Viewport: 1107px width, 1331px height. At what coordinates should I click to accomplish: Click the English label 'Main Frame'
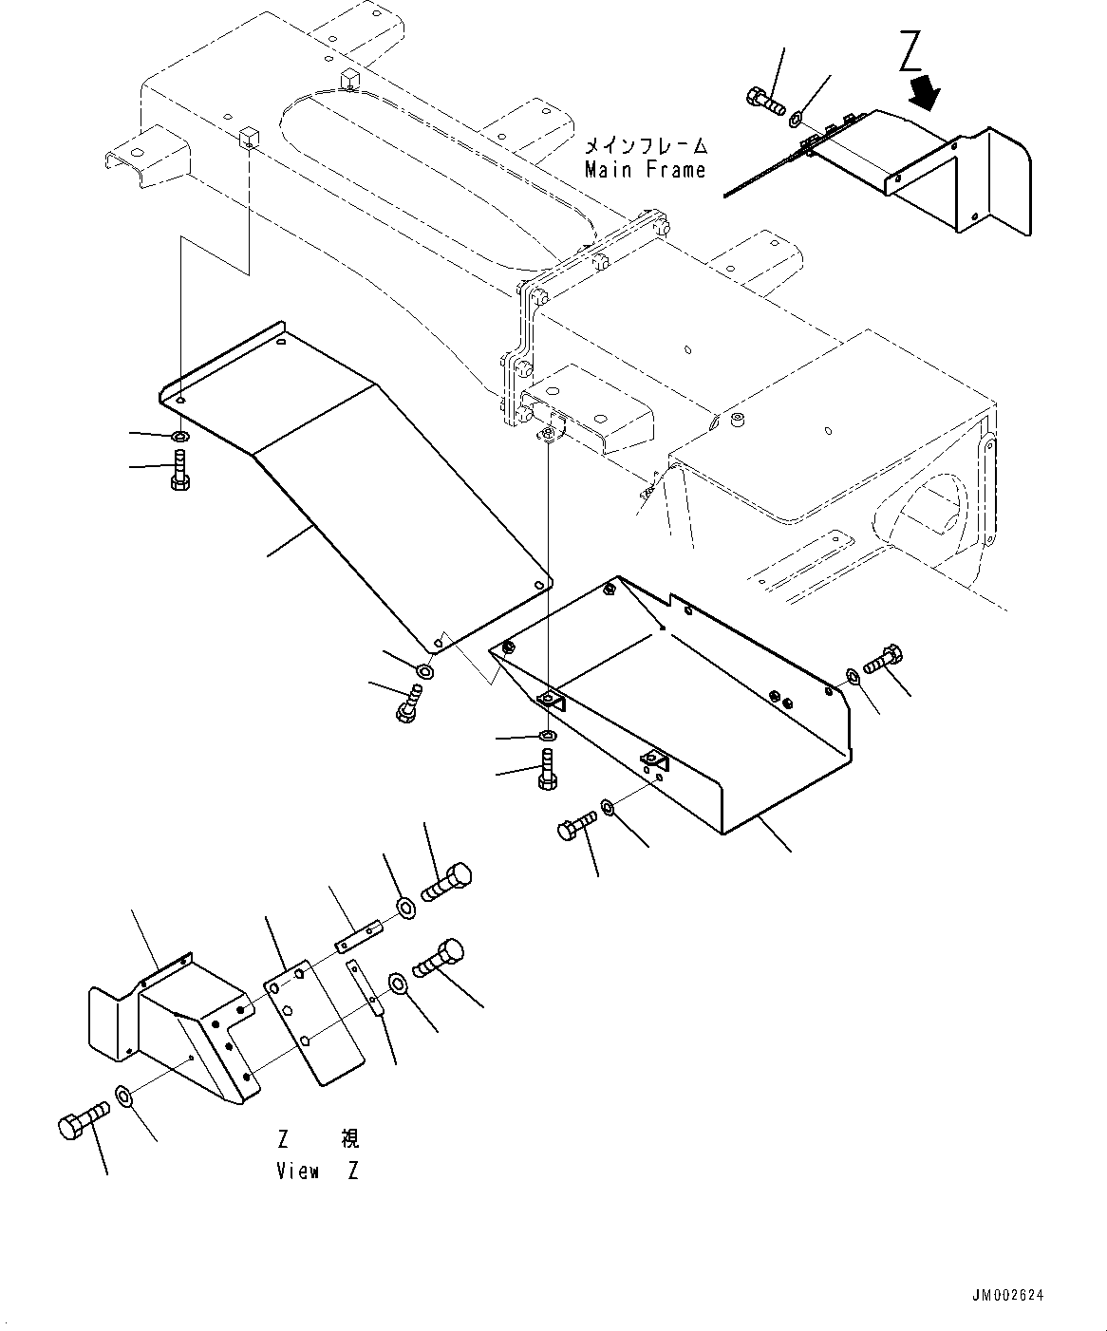[x=645, y=171]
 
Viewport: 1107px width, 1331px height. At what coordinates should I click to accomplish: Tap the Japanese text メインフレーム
[x=645, y=146]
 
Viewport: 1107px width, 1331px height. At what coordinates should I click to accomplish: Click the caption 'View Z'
[x=317, y=1171]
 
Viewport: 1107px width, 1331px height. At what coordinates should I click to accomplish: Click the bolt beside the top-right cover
[x=762, y=100]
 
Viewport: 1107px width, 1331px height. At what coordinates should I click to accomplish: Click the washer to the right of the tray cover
[x=852, y=677]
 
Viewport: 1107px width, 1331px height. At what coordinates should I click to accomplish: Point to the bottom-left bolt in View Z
[x=80, y=1121]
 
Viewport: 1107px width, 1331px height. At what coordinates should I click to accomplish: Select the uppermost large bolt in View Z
[x=446, y=881]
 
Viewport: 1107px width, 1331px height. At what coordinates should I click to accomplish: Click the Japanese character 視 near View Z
[x=348, y=1138]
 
